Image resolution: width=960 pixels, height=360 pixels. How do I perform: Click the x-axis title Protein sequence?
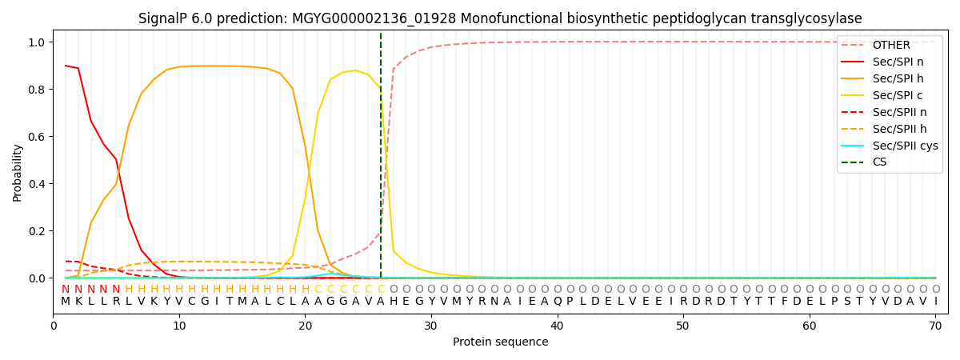501,342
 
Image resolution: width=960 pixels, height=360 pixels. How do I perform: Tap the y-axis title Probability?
18,173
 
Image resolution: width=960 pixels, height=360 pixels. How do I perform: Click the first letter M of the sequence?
66,302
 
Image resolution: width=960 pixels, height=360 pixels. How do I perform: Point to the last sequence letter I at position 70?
935,302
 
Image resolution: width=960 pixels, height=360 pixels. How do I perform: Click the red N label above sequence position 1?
66,290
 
